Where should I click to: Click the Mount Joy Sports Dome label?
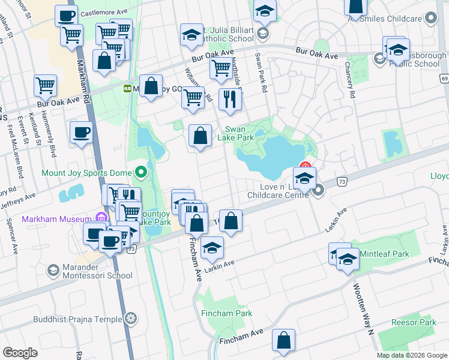coord(86,173)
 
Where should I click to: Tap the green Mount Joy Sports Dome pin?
coord(141,173)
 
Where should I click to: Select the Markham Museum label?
coord(56,219)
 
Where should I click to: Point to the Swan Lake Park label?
coord(240,133)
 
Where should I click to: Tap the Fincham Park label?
coord(227,313)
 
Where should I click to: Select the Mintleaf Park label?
coord(384,254)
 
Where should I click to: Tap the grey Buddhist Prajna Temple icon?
coord(130,319)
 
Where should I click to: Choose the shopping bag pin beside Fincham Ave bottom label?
coord(283,340)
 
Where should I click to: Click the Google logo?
coord(20,353)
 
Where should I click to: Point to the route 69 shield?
coord(444,79)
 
